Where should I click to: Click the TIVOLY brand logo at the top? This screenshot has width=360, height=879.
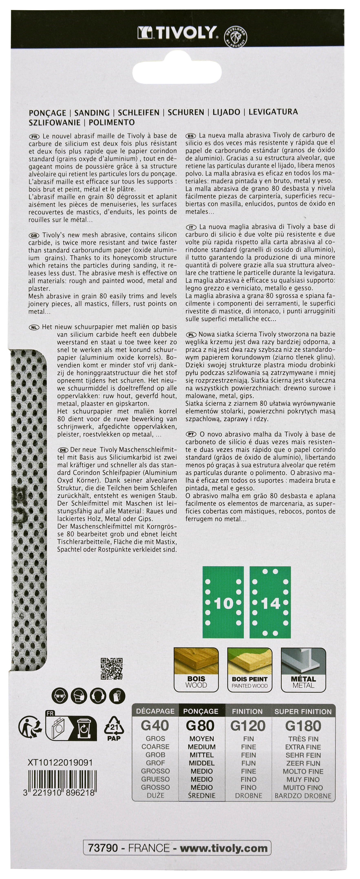[177, 33]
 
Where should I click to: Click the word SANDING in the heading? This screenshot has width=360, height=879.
[92, 113]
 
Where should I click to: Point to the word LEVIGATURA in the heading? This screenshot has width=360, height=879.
[273, 112]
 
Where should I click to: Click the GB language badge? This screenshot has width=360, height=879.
[34, 235]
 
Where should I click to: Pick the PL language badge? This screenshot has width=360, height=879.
[191, 335]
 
